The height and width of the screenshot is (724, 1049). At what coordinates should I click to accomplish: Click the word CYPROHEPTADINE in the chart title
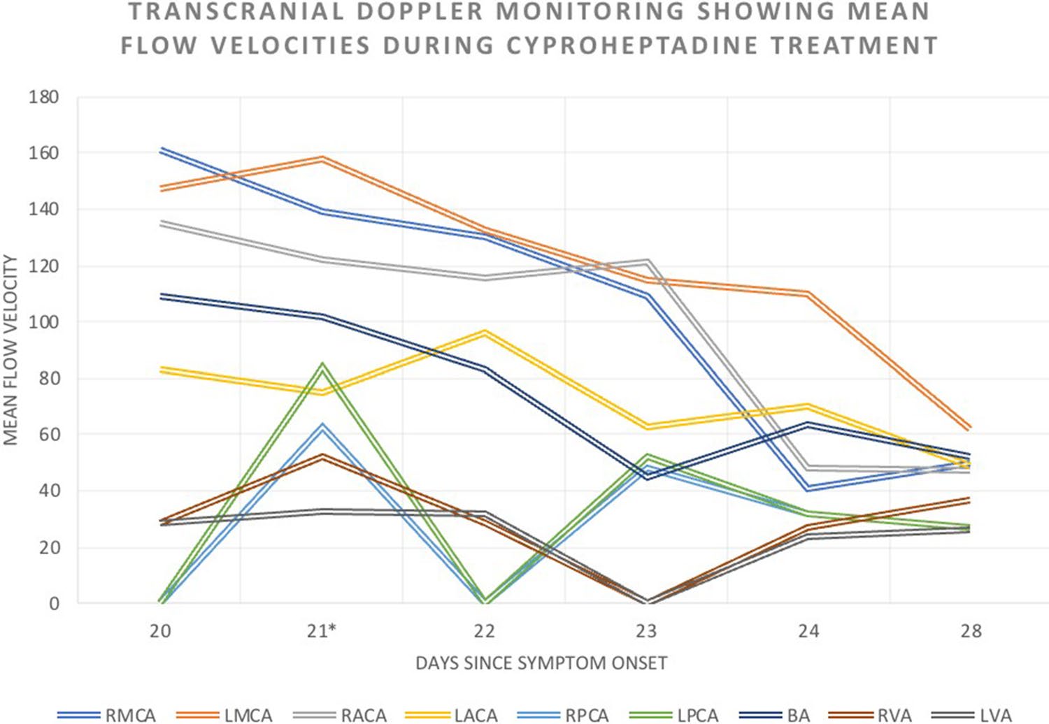pyautogui.click(x=631, y=45)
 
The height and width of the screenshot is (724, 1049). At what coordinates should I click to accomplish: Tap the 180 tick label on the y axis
pyautogui.click(x=43, y=97)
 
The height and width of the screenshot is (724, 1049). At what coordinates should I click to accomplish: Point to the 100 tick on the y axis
pyautogui.click(x=43, y=322)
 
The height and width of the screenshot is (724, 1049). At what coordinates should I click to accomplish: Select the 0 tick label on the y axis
pyautogui.click(x=54, y=604)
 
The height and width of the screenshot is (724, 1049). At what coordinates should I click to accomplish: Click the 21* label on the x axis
pyautogui.click(x=322, y=631)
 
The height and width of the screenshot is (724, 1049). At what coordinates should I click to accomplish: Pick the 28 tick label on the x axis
pyautogui.click(x=971, y=631)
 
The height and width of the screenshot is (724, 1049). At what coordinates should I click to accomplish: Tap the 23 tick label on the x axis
pyautogui.click(x=646, y=631)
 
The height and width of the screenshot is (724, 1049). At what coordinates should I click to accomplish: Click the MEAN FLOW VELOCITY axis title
pyautogui.click(x=10, y=349)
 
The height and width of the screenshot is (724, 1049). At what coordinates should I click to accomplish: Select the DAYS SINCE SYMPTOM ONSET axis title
pyautogui.click(x=541, y=663)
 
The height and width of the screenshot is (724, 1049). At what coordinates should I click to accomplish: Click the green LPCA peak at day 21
pyautogui.click(x=322, y=365)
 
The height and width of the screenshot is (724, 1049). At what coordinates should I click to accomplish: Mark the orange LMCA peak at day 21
pyautogui.click(x=322, y=158)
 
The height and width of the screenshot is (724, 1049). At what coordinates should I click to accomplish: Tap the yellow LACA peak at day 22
pyautogui.click(x=485, y=333)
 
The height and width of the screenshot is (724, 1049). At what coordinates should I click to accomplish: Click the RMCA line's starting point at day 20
pyautogui.click(x=161, y=150)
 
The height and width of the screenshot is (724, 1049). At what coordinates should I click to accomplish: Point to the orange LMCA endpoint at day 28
pyautogui.click(x=970, y=428)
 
